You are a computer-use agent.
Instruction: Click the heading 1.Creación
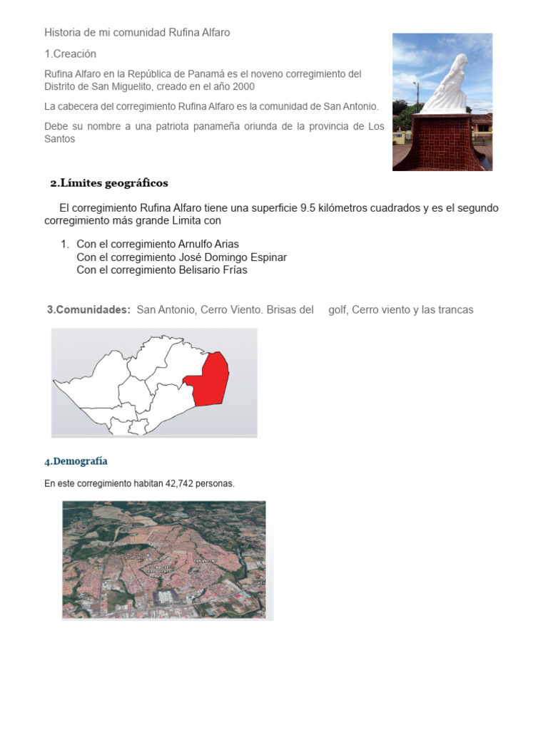70,54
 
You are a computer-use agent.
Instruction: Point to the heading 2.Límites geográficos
109,183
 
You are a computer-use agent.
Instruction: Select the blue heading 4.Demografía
76,461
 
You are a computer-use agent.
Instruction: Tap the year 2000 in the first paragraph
241,86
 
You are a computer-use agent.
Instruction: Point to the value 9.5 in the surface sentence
308,208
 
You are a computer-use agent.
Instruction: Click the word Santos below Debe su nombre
59,139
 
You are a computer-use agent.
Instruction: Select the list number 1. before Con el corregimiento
66,245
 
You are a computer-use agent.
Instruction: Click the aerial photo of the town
163,560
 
